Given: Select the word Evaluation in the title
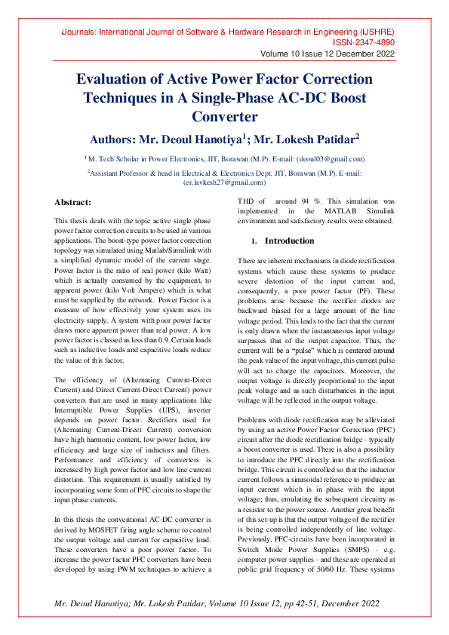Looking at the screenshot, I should tap(118, 79).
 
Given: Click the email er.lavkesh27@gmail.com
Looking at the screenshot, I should tap(224, 183).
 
